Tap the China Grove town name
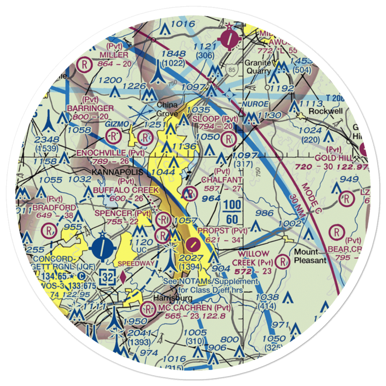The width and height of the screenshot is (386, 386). [167, 110]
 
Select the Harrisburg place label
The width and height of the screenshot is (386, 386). [173, 298]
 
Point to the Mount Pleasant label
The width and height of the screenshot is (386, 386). [310, 256]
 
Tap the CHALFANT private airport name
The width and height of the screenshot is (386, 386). [222, 180]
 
